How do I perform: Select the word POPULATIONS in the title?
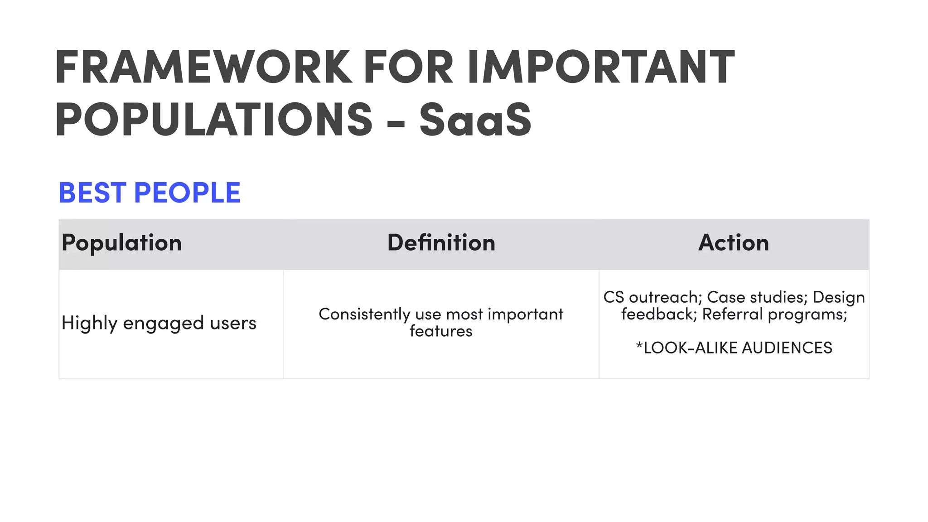214,119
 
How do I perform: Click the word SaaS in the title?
475,119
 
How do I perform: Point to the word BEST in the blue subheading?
92,193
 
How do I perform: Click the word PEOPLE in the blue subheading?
187,193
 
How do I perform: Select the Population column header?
122,243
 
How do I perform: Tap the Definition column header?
441,243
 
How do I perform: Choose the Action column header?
734,243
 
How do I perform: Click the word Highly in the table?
89,324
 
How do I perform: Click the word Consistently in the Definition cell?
364,314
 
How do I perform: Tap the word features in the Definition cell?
441,331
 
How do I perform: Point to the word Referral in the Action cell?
732,314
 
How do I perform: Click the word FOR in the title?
408,67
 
